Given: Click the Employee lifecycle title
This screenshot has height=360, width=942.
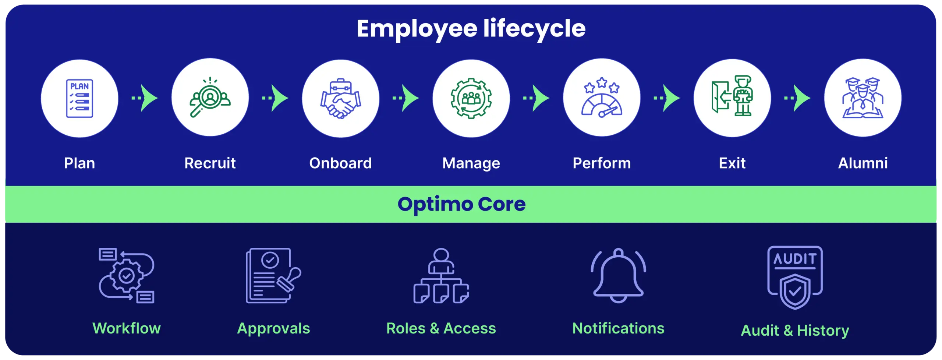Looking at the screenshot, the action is pos(471,29).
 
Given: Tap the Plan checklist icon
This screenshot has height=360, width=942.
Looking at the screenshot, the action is pos(79,98).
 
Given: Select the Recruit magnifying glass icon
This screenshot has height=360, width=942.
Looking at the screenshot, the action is pos(210,97).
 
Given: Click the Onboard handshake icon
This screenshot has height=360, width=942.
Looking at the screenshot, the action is pos(341,98).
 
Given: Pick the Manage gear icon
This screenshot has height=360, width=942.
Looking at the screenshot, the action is pos(471,98).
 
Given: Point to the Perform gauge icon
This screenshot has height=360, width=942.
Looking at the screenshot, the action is pos(602,98).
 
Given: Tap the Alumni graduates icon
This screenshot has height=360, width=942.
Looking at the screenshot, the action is pos(863,98).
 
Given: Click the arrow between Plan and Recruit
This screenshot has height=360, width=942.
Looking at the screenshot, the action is pos(145,98).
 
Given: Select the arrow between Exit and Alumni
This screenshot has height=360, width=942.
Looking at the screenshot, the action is pos(797,98).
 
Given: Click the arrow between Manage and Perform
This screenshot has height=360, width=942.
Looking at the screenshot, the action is pos(536,98).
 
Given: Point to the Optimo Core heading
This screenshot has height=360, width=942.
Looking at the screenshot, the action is pos(462,205).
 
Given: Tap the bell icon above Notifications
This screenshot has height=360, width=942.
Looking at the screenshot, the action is pos(619,275).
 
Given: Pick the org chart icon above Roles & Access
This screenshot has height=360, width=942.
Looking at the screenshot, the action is pos(441,276).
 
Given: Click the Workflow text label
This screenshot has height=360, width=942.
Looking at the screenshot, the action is pos(127,328).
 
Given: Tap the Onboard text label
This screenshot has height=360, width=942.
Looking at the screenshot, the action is pos(341,163).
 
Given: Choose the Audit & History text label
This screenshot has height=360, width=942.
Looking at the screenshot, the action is pos(795,331).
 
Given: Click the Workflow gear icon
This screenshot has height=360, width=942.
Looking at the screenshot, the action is pos(127,276).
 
